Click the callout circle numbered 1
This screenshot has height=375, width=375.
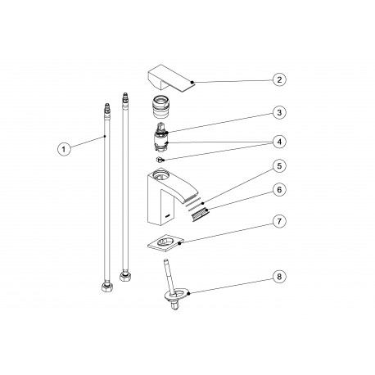coord(64,149)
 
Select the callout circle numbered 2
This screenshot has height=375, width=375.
coord(279,79)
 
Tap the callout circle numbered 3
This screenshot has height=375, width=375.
coord(279,112)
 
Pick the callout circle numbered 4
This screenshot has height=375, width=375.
coord(279,142)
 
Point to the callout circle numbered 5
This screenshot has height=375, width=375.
coord(279,166)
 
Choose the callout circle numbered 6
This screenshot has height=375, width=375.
coord(279,190)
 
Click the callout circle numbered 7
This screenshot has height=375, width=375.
coord(279,221)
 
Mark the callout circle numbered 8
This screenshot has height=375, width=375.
coord(279,277)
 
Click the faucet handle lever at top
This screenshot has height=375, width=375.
coord(171,78)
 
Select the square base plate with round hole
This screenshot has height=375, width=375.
coord(165,242)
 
